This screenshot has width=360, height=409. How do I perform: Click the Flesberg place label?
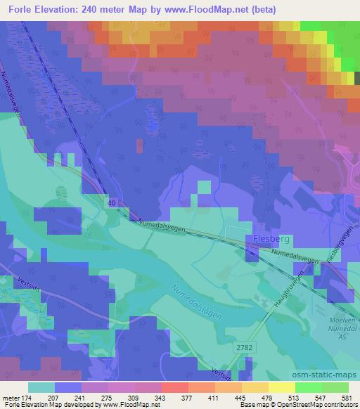267,240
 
